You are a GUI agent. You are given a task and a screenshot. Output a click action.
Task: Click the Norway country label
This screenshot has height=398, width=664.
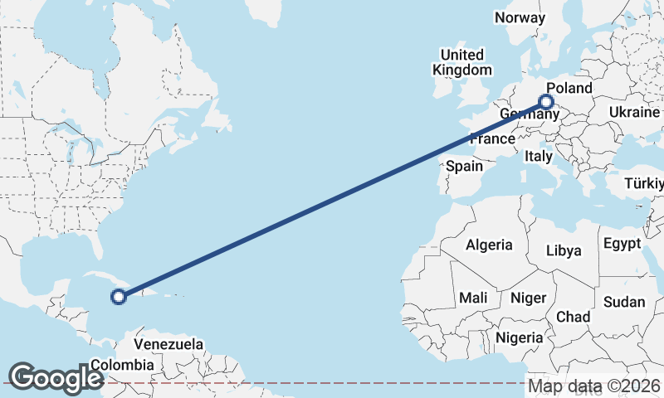pos(520,17)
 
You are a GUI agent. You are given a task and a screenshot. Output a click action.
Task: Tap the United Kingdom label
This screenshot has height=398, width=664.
pos(461,62)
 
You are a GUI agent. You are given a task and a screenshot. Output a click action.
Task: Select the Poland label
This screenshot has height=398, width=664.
pos(569,88)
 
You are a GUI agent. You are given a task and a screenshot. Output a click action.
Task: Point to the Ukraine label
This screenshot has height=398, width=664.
pos(634,112)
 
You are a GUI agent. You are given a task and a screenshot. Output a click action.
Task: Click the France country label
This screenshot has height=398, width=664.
pos(492,138)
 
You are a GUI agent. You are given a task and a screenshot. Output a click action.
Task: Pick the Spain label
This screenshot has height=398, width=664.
pos(464,166)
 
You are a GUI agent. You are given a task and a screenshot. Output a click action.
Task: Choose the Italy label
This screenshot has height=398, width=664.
pos(539,156)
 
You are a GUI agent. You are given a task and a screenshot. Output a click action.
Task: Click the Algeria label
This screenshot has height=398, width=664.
pos(489,245)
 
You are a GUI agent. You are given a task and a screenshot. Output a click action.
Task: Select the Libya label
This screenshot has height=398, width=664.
pos(564,250)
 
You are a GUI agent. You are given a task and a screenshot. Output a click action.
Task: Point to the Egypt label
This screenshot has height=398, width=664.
pos(622,244)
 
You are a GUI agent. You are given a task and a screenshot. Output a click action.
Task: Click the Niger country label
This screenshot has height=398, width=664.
pos(528,298)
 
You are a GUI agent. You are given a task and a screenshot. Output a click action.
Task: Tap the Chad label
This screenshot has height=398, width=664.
pos(573,317)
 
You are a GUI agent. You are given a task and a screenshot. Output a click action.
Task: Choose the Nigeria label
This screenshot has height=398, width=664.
pos(519,337)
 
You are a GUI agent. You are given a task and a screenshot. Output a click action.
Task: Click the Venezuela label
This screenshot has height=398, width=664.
pos(168,343)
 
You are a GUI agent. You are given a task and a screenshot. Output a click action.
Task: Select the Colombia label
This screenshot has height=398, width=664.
pos(122,365)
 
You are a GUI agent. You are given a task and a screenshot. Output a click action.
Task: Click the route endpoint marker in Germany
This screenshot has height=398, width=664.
pos(546,102)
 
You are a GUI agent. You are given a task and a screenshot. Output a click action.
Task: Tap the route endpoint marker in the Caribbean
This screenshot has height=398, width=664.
pos(119,295)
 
